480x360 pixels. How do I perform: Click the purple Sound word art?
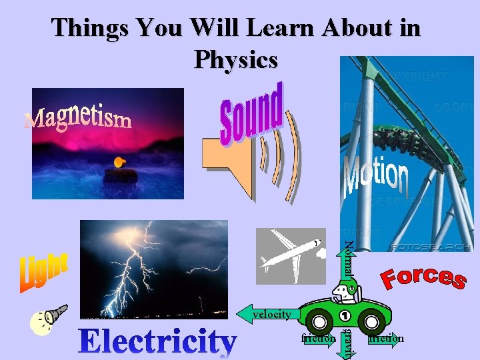[251, 113]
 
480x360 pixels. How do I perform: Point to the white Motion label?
[375, 175]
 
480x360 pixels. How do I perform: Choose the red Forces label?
[423, 276]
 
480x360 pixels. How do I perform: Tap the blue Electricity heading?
[157, 341]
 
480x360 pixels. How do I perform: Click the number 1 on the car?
[345, 315]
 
